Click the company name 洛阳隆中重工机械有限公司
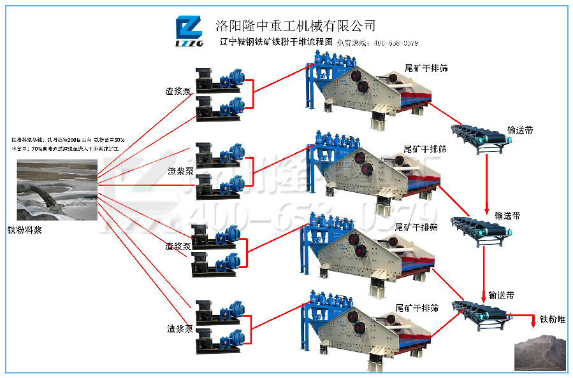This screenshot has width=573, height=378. click(295, 25)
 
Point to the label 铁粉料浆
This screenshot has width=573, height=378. click(25, 230)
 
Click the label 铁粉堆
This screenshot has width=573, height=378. click(553, 319)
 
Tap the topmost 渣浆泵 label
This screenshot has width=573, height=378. click(178, 90)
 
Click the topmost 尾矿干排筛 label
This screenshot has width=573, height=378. click(426, 67)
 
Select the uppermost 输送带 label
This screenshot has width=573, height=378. click(520, 130)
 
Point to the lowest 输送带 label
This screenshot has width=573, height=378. click(502, 295)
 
